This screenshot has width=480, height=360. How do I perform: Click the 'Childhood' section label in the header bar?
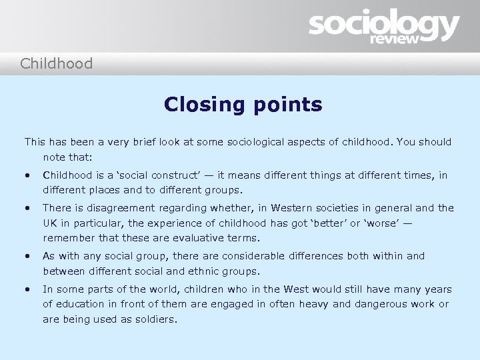56,64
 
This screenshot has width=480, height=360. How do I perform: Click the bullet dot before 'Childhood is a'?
27,176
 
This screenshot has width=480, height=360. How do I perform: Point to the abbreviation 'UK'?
51,223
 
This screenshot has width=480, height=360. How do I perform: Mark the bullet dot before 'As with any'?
27,257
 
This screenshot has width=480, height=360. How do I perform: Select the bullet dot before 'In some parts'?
27,290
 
